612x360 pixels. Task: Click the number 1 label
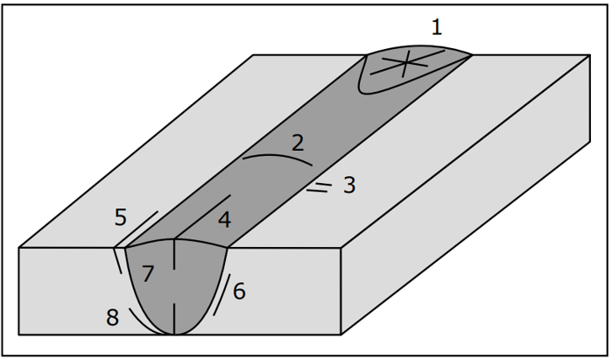(x=437, y=28)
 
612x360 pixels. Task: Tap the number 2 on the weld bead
(x=298, y=144)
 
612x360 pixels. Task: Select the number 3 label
(x=349, y=185)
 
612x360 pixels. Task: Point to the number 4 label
(x=224, y=220)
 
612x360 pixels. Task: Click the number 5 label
(x=121, y=217)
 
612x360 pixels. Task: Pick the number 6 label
(x=239, y=292)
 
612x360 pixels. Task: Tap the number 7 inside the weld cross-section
(x=148, y=273)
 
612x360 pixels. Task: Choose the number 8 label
(x=112, y=317)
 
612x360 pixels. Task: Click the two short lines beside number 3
(x=320, y=187)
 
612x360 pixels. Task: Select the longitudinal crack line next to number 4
(x=202, y=217)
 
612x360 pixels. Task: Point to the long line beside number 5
(x=136, y=229)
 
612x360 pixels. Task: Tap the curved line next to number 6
(x=223, y=295)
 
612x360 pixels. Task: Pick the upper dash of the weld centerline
(x=174, y=254)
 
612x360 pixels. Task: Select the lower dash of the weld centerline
(x=174, y=319)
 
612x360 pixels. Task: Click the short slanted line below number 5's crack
(x=117, y=261)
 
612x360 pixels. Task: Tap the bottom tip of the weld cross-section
(x=174, y=335)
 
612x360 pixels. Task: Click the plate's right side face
(x=466, y=194)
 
